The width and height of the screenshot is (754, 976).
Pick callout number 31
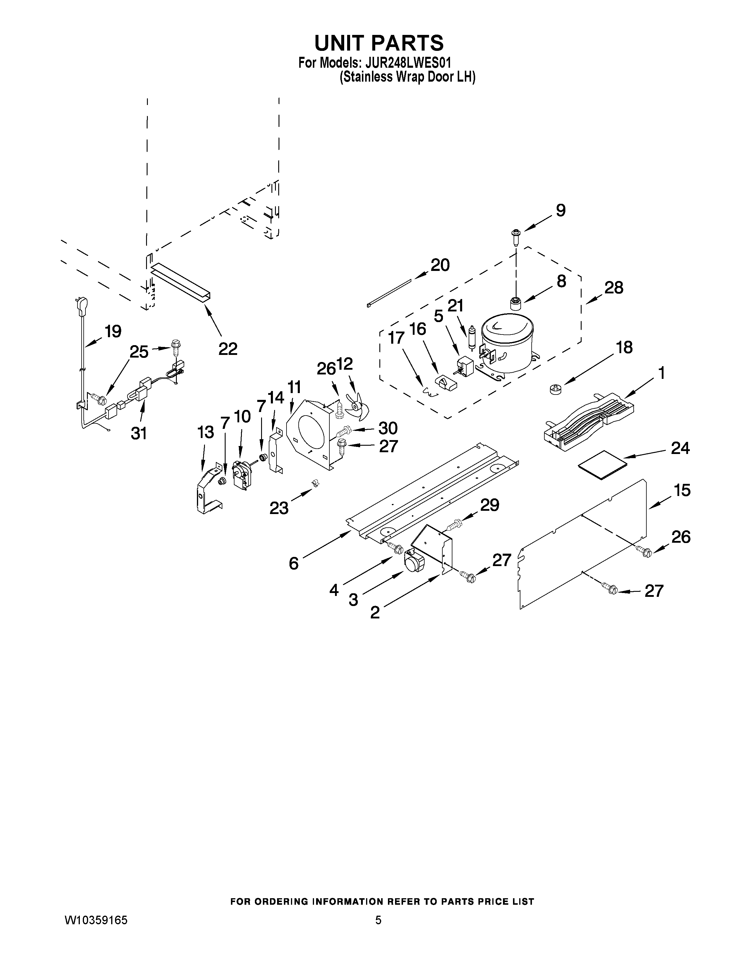click(x=139, y=433)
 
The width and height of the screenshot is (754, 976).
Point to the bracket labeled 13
click(x=207, y=489)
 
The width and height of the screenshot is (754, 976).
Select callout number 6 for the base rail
click(x=294, y=563)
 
